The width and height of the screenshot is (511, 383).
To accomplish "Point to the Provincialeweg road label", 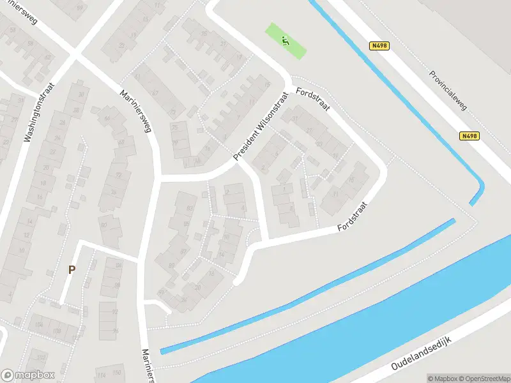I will [x=448, y=90].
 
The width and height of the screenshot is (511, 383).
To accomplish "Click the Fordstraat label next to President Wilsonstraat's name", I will [x=313, y=100].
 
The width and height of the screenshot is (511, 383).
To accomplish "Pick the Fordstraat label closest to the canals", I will [x=354, y=217].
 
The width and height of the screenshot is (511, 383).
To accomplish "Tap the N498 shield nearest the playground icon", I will [x=379, y=46].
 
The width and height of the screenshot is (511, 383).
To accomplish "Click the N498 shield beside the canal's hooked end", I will [x=469, y=136].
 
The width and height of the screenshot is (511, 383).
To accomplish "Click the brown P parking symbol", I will [x=72, y=269].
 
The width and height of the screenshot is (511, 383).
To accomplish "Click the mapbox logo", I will [x=28, y=375].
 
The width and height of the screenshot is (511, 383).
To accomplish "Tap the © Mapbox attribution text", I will [x=442, y=378].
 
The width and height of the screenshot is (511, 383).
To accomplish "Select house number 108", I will [x=56, y=332].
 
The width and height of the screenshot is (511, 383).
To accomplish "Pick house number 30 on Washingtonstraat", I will [x=81, y=94].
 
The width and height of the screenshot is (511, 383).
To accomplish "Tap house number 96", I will [x=116, y=330].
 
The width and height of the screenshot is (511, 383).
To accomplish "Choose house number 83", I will [x=190, y=208].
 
